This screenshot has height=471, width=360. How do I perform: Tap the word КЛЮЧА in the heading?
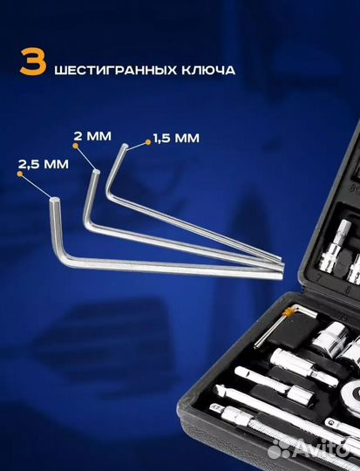click(x=205, y=67)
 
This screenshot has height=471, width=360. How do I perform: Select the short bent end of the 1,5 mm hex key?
click(x=114, y=174)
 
